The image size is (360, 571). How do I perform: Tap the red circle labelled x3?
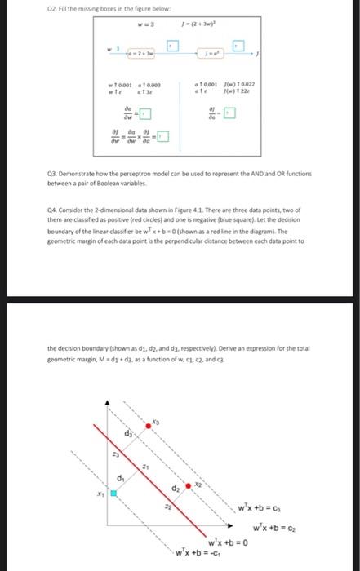tap(149, 425)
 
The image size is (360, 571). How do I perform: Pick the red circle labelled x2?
tap(189, 485)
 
